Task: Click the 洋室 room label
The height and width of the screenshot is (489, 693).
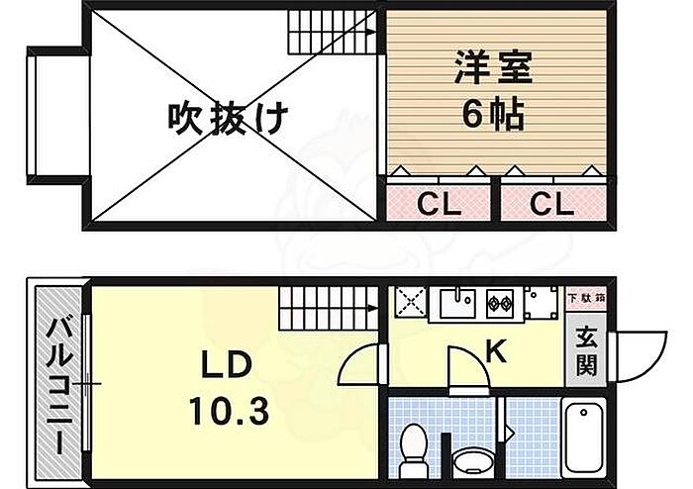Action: point(493,67)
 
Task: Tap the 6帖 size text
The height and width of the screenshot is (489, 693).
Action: point(493,114)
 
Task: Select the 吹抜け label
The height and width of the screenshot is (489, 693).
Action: point(228,118)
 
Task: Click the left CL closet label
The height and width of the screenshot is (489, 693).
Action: point(439,204)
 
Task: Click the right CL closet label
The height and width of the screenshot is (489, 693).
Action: point(551,204)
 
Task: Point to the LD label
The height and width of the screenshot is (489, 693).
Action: point(227,365)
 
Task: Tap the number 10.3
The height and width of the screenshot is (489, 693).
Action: point(229,411)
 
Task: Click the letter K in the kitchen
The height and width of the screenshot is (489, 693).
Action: point(496,351)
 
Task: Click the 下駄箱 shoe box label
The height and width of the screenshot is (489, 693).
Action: point(586,297)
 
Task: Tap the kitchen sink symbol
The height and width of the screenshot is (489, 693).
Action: point(457,303)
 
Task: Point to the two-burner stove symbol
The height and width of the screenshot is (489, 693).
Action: point(500,303)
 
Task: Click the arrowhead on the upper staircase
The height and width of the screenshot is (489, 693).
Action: point(372,32)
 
